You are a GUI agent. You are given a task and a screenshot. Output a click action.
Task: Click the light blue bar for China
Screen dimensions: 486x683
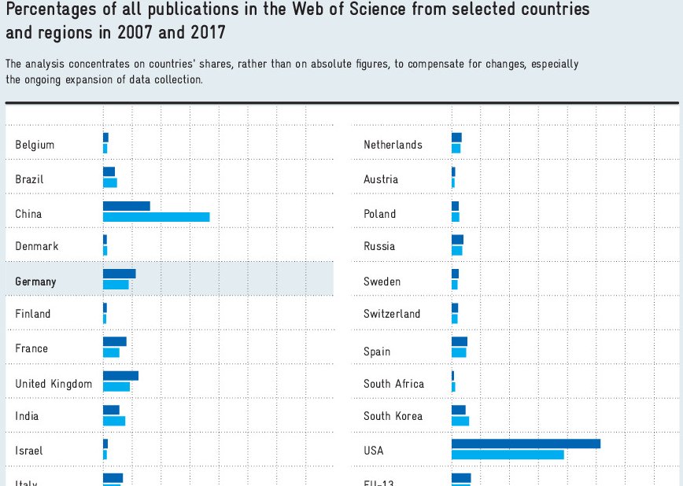[156, 217]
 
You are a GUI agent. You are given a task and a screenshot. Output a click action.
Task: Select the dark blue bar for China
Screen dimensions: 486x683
[126, 206]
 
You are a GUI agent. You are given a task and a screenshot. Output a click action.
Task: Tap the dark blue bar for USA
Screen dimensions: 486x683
[526, 444]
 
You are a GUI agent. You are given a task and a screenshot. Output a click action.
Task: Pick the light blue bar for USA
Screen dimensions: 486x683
[508, 455]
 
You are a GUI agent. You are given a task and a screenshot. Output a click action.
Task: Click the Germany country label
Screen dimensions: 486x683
[35, 282]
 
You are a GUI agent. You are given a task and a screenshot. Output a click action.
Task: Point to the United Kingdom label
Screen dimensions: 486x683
[54, 385]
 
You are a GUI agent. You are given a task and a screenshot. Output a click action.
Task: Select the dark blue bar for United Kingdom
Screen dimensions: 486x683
[120, 376]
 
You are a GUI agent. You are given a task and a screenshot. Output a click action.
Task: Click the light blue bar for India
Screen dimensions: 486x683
[114, 421]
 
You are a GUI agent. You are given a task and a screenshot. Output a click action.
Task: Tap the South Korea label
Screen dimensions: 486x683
[393, 416]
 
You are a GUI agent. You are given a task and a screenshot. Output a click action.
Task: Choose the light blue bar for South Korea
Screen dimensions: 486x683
[460, 421]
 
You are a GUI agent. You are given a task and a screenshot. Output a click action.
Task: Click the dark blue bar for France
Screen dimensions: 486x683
[114, 341]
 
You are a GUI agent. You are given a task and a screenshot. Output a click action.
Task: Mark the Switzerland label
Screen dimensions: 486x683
[392, 314]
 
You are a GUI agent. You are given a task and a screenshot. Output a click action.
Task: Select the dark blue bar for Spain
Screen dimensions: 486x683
[460, 341]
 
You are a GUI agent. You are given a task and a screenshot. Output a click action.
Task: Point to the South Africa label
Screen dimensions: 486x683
[393, 384]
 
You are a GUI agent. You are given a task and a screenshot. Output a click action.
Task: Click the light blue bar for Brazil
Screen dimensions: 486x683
[110, 182]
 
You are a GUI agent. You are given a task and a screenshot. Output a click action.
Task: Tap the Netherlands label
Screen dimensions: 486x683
[393, 145]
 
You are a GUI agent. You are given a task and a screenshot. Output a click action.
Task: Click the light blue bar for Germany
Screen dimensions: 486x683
[116, 285]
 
